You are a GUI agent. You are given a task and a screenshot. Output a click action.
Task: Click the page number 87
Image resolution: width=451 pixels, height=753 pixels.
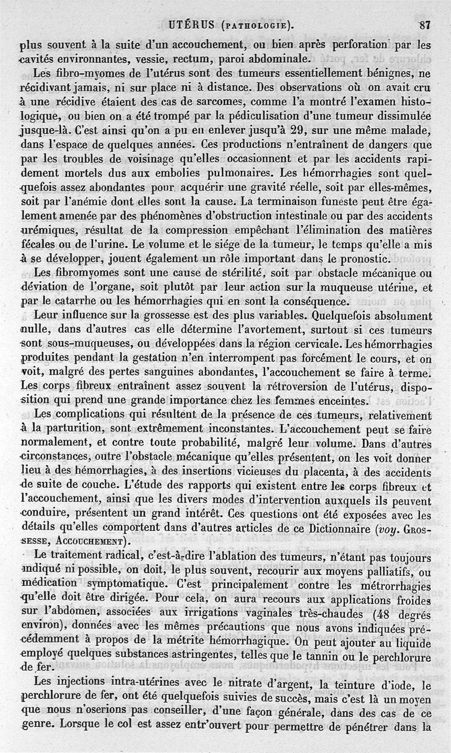pyautogui.click(x=426, y=25)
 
